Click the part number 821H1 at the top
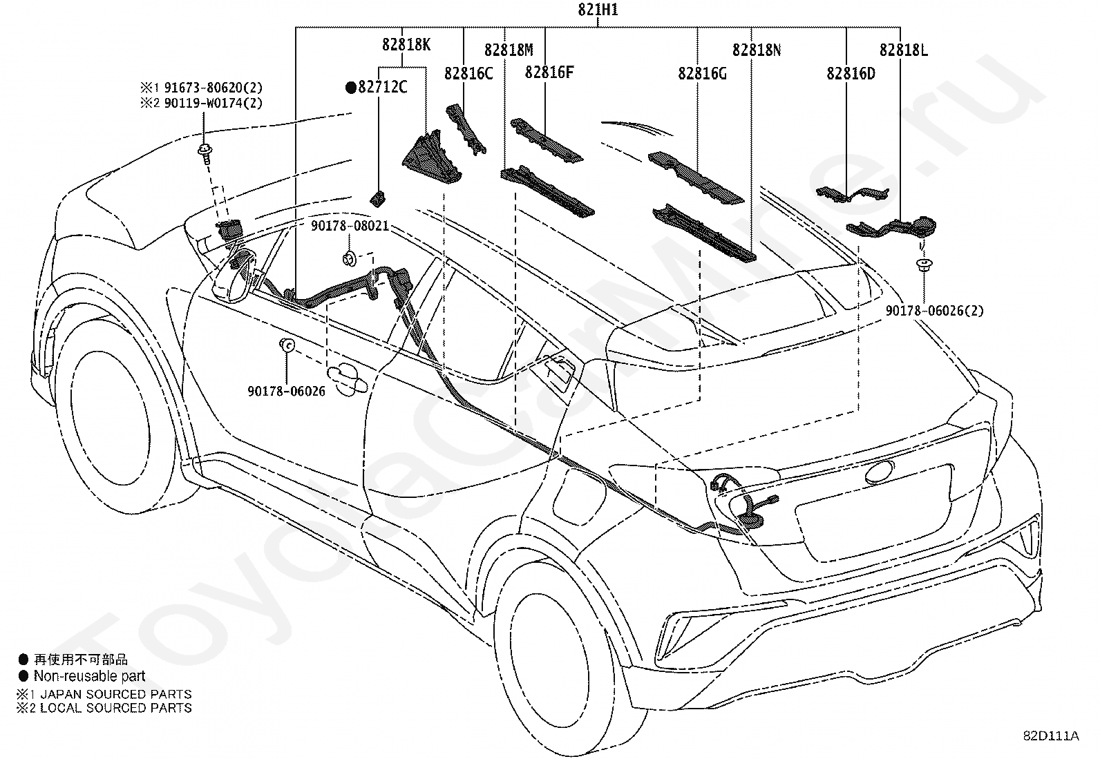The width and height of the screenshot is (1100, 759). [x=598, y=10]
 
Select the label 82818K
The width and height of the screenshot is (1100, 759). [x=406, y=45]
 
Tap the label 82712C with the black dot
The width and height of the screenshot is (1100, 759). [x=377, y=87]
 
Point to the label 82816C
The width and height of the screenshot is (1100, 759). [x=468, y=73]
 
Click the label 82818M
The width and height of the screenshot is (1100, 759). [x=509, y=50]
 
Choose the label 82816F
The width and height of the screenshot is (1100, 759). [x=549, y=72]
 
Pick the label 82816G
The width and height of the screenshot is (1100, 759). [x=702, y=73]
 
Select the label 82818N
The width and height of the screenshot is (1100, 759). [x=756, y=50]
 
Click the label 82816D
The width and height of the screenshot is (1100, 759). [x=851, y=73]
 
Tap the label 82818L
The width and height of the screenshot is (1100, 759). [x=904, y=50]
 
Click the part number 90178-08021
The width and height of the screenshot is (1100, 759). [x=350, y=226]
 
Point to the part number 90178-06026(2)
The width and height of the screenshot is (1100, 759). [x=934, y=311]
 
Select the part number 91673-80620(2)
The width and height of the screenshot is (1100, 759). [x=214, y=88]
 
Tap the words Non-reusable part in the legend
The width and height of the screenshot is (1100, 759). [x=89, y=676]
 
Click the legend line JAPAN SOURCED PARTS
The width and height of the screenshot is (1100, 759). [x=116, y=694]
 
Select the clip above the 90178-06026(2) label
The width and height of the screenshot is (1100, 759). [x=924, y=265]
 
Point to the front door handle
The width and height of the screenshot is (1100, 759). [x=347, y=378]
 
